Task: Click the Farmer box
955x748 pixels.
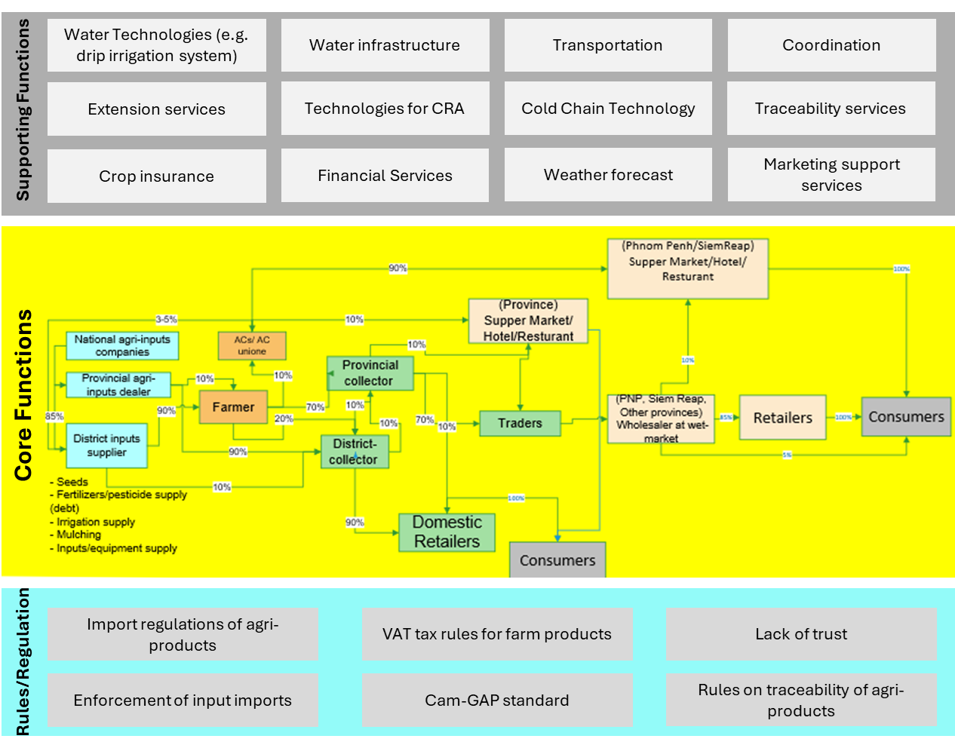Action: pyautogui.click(x=233, y=407)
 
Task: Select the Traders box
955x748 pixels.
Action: pyautogui.click(x=520, y=424)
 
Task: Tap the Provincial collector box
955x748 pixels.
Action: pyautogui.click(x=370, y=373)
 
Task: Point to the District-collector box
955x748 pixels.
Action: pyautogui.click(x=354, y=452)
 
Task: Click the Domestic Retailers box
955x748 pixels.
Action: pyautogui.click(x=447, y=532)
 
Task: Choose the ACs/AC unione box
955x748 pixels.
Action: pyautogui.click(x=252, y=346)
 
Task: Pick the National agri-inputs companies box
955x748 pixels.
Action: pyautogui.click(x=122, y=346)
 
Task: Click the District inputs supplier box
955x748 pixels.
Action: pyautogui.click(x=106, y=446)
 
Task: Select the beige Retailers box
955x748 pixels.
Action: pyautogui.click(x=782, y=418)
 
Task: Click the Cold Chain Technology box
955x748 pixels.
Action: pyautogui.click(x=608, y=109)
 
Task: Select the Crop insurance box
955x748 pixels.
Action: pyautogui.click(x=156, y=176)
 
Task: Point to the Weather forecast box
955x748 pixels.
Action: pyautogui.click(x=608, y=175)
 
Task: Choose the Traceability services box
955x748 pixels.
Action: pyautogui.click(x=831, y=109)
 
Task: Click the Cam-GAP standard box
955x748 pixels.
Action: pyautogui.click(x=496, y=700)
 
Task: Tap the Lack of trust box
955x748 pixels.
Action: pyautogui.click(x=801, y=634)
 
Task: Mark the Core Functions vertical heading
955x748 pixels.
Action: pyautogui.click(x=23, y=395)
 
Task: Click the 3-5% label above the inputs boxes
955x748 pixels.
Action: pyautogui.click(x=166, y=320)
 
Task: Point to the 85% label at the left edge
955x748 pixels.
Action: pyautogui.click(x=54, y=416)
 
